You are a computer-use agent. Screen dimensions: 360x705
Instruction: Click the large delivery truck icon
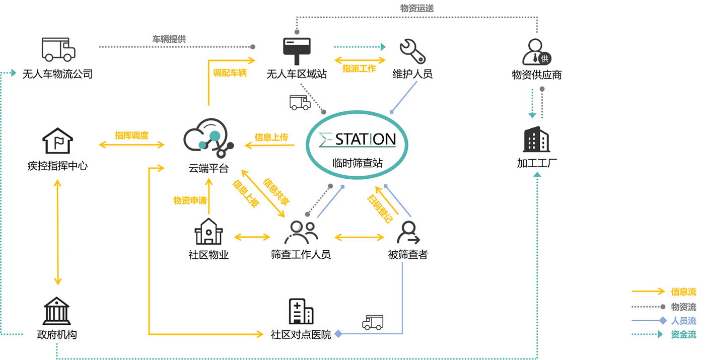pyautogui.click(x=58, y=49)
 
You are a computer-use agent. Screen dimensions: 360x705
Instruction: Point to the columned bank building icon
pyautogui.click(x=57, y=311)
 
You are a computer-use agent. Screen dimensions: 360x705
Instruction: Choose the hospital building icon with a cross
pyautogui.click(x=301, y=311)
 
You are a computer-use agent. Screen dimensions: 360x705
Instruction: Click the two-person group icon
pyautogui.click(x=301, y=233)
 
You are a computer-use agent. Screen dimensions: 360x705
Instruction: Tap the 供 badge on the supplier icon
pyautogui.click(x=544, y=58)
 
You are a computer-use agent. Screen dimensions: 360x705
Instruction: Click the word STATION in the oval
pyautogui.click(x=365, y=139)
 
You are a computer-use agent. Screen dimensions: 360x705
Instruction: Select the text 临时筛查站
pyautogui.click(x=358, y=163)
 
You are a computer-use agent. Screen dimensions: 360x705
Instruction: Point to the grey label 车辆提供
pyautogui.click(x=169, y=39)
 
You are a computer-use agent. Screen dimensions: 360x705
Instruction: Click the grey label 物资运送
pyautogui.click(x=416, y=8)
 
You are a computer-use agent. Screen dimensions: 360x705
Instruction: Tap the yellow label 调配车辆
pyautogui.click(x=230, y=73)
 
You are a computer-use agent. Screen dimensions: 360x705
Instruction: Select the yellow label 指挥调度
pyautogui.click(x=131, y=135)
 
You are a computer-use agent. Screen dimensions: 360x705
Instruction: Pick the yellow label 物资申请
pyautogui.click(x=190, y=200)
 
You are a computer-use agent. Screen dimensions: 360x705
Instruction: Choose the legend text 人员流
pyautogui.click(x=684, y=320)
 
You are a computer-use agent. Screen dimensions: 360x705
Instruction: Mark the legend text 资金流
pyautogui.click(x=684, y=334)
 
